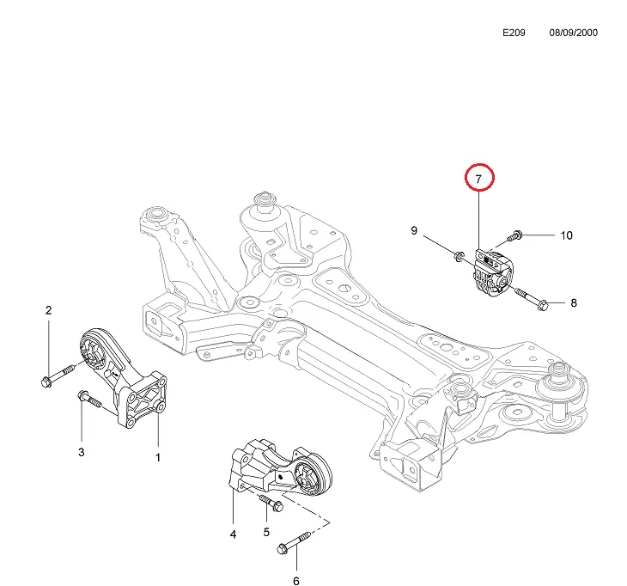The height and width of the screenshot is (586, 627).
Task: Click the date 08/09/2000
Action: click(573, 33)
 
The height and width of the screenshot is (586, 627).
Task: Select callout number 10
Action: click(566, 235)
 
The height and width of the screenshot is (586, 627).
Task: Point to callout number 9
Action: click(414, 230)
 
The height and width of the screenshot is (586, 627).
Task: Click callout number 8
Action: click(573, 302)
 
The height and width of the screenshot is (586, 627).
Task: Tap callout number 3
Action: click(82, 452)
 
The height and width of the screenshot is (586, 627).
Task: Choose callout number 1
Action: click(158, 457)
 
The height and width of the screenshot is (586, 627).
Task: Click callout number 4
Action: click(233, 534)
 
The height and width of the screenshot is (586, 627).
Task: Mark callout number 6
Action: click(296, 581)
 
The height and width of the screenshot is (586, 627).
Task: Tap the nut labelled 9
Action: click(460, 253)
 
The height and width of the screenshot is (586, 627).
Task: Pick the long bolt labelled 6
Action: click(290, 544)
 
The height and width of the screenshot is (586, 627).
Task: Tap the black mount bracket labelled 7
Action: click(490, 272)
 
